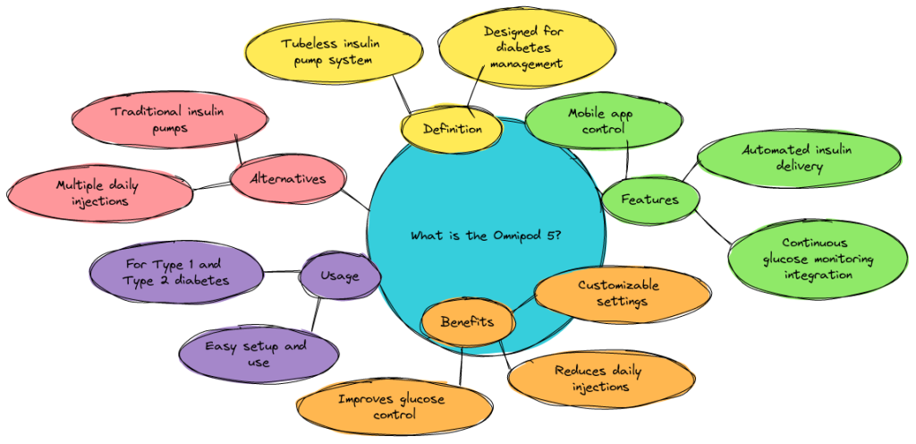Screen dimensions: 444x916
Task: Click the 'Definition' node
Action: tap(452, 129)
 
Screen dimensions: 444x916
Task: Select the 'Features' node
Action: tap(650, 200)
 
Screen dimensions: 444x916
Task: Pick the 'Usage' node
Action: tap(339, 276)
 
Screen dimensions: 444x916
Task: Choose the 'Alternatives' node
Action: tap(288, 179)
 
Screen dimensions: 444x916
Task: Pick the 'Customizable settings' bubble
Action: tap(618, 293)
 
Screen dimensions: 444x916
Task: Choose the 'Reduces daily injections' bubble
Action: tap(598, 379)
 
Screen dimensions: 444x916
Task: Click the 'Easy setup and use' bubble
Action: tap(256, 354)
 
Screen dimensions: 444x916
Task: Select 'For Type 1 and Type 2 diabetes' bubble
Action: tap(177, 272)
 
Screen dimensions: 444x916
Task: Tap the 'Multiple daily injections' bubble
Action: tap(98, 193)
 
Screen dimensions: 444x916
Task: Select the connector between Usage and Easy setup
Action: tap(316, 313)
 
